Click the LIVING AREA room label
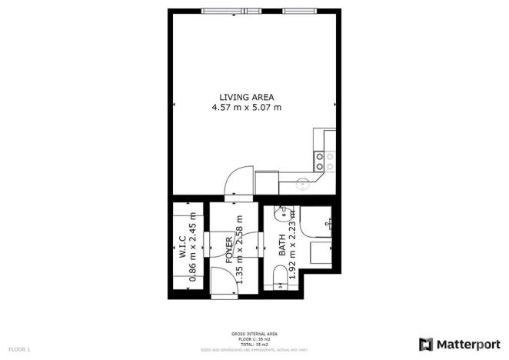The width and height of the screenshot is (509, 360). (x=246, y=97)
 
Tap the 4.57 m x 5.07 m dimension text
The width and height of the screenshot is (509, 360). (x=246, y=108)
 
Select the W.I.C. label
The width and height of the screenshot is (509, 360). (x=181, y=246)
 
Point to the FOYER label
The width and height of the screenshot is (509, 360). (x=228, y=251)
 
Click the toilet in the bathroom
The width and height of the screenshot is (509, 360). (x=278, y=277)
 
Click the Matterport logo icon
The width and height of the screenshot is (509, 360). (x=425, y=344)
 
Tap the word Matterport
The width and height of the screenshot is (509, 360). (x=467, y=344)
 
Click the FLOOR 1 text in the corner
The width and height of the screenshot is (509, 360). (x=19, y=350)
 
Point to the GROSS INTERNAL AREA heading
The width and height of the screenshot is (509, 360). (x=254, y=333)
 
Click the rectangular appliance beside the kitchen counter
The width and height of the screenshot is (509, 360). (x=266, y=182)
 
